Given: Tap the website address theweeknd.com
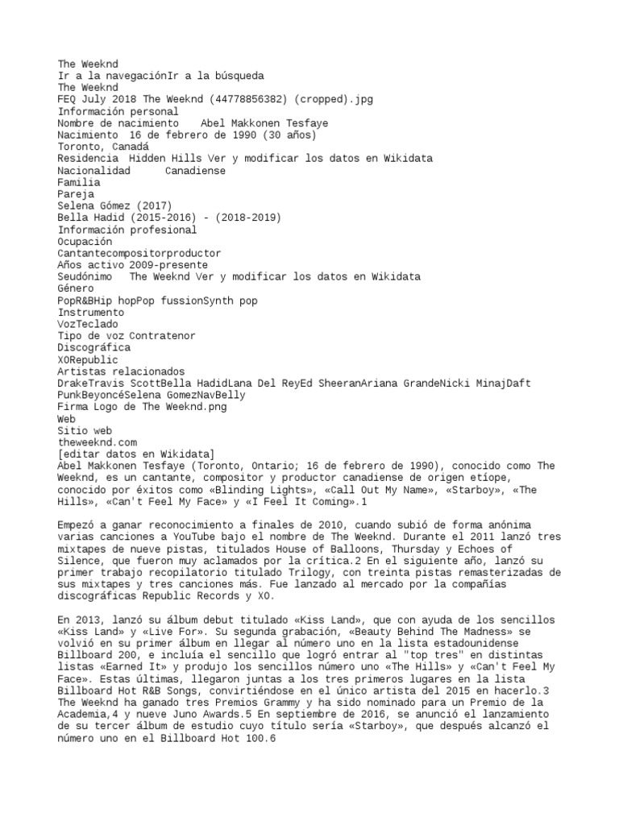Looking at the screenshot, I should tap(98, 442).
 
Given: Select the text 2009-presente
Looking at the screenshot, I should tap(170, 265).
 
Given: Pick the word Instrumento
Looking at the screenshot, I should tap(91, 312).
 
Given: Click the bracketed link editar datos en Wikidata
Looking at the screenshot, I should tap(135, 454).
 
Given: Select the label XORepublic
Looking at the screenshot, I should tap(88, 359).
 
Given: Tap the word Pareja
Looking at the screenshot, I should tap(77, 194).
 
